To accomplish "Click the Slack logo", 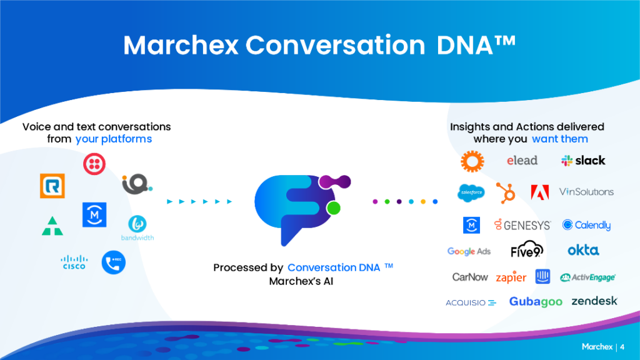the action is tap(583, 161).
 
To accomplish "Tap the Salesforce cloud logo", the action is tap(471, 192).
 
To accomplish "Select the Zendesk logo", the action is tap(594, 301).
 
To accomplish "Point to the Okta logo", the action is tap(583, 250).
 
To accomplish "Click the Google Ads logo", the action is tap(469, 251).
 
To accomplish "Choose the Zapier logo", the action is tap(511, 277).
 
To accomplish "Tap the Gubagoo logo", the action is tap(536, 302).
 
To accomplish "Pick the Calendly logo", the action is tap(586, 225).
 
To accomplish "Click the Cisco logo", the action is tap(74, 262).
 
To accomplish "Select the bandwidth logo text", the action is tap(137, 237).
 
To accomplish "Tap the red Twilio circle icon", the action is tap(94, 164).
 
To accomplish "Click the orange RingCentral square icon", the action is tap(52, 186).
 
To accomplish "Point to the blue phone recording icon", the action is tap(114, 262).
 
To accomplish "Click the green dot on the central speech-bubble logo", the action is tap(334, 207).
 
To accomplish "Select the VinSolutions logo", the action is tap(586, 192).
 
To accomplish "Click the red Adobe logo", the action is tap(539, 192).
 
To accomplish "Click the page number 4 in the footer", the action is tap(622, 347).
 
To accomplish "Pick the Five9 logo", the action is tap(527, 249).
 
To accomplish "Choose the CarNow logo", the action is tap(470, 277).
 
